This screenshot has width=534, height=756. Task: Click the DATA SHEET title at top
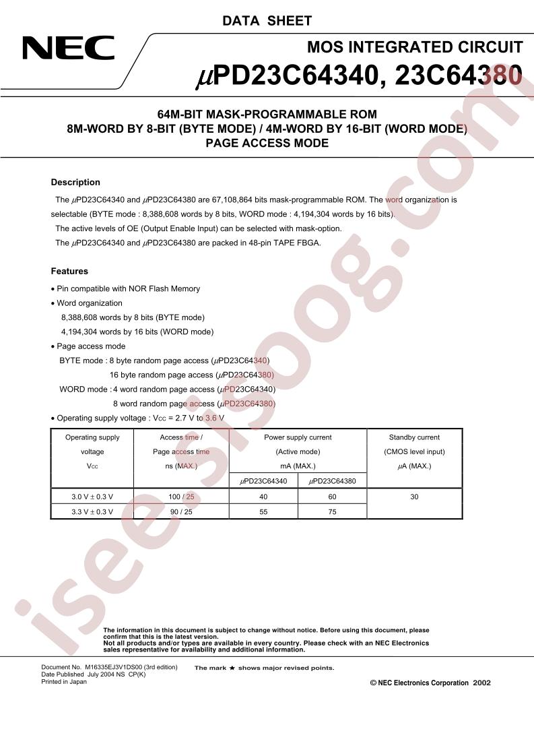click(x=267, y=21)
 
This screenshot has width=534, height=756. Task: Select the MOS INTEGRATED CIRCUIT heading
click(x=415, y=47)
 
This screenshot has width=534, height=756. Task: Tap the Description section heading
click(x=75, y=183)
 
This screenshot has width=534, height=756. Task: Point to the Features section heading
click(x=69, y=272)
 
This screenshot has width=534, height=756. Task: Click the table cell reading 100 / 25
click(x=181, y=497)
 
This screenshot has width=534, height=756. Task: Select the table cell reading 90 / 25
click(x=181, y=511)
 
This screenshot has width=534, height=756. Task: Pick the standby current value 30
click(x=414, y=497)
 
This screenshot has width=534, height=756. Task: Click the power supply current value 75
click(x=332, y=511)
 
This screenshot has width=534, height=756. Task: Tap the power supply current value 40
click(x=263, y=497)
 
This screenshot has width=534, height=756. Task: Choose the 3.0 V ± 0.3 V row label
click(x=92, y=497)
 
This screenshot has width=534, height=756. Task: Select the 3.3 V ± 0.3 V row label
click(x=92, y=511)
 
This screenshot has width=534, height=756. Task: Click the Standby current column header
click(x=414, y=437)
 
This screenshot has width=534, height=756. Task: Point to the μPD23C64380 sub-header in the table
click(x=332, y=481)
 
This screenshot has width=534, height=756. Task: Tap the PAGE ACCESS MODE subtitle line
click(x=267, y=143)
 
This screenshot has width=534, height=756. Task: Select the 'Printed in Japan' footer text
click(x=64, y=682)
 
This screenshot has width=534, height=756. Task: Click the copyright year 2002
click(x=482, y=683)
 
